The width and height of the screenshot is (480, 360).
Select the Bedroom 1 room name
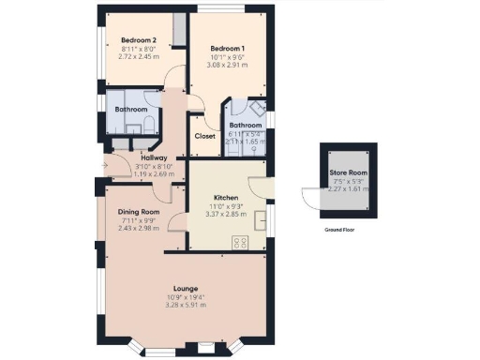[227, 48]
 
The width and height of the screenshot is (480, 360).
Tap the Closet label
[204, 136]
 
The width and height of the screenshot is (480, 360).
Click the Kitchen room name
[226, 198]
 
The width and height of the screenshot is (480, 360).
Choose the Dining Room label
[138, 213]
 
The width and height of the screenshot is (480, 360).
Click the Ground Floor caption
[338, 229]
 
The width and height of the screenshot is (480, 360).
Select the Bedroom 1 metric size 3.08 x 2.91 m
[227, 66]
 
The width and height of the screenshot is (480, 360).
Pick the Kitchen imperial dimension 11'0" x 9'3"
[226, 206]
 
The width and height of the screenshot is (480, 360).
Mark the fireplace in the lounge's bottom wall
[205, 349]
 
